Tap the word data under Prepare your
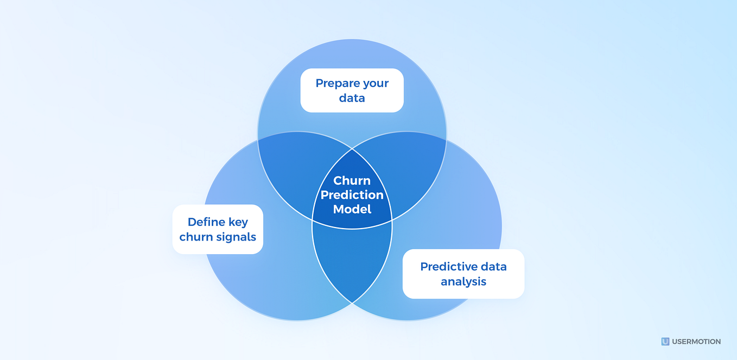352,98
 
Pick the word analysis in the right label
463,282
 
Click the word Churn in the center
352,181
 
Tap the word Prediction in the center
352,195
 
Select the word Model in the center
352,209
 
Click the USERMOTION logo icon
665,342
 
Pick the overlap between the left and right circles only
352,261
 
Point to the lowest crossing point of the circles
352,302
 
